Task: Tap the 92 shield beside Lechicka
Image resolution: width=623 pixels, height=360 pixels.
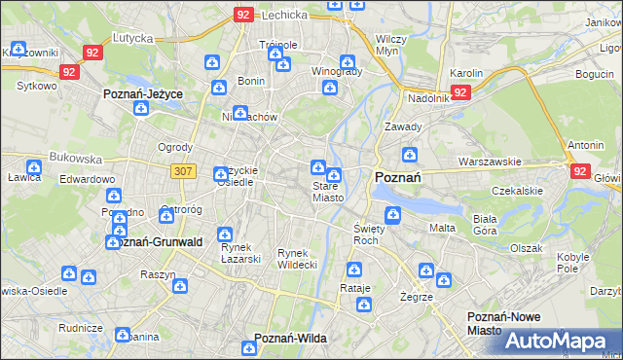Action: [242, 15]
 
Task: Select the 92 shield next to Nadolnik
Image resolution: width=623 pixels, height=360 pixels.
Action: [461, 91]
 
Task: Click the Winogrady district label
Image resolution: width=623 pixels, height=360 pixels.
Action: [337, 71]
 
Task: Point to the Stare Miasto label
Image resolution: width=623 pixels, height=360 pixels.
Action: [327, 192]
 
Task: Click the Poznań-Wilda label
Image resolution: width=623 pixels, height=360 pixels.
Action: [290, 338]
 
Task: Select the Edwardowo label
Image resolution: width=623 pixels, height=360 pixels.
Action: [87, 180]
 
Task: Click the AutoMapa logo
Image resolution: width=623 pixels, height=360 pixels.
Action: [561, 340]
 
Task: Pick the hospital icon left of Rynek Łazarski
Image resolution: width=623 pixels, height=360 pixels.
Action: [225, 234]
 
